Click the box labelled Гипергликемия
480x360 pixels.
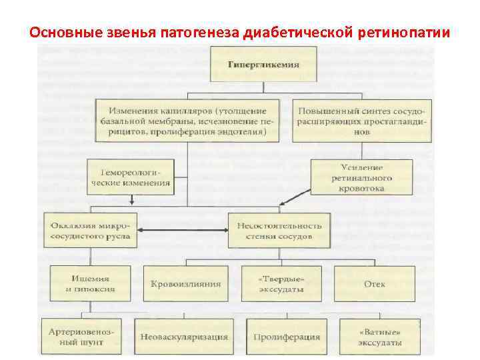click(263, 66)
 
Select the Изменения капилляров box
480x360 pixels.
click(189, 121)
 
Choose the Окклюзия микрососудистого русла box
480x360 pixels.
click(91, 230)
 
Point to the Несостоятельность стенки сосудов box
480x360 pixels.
click(279, 230)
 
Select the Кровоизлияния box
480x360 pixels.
click(185, 283)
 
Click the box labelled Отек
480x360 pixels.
click(374, 283)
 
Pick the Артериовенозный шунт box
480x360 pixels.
click(85, 336)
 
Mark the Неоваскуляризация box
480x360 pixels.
click(183, 337)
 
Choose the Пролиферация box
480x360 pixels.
click(287, 337)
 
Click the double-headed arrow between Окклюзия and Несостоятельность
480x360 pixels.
click(182, 231)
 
